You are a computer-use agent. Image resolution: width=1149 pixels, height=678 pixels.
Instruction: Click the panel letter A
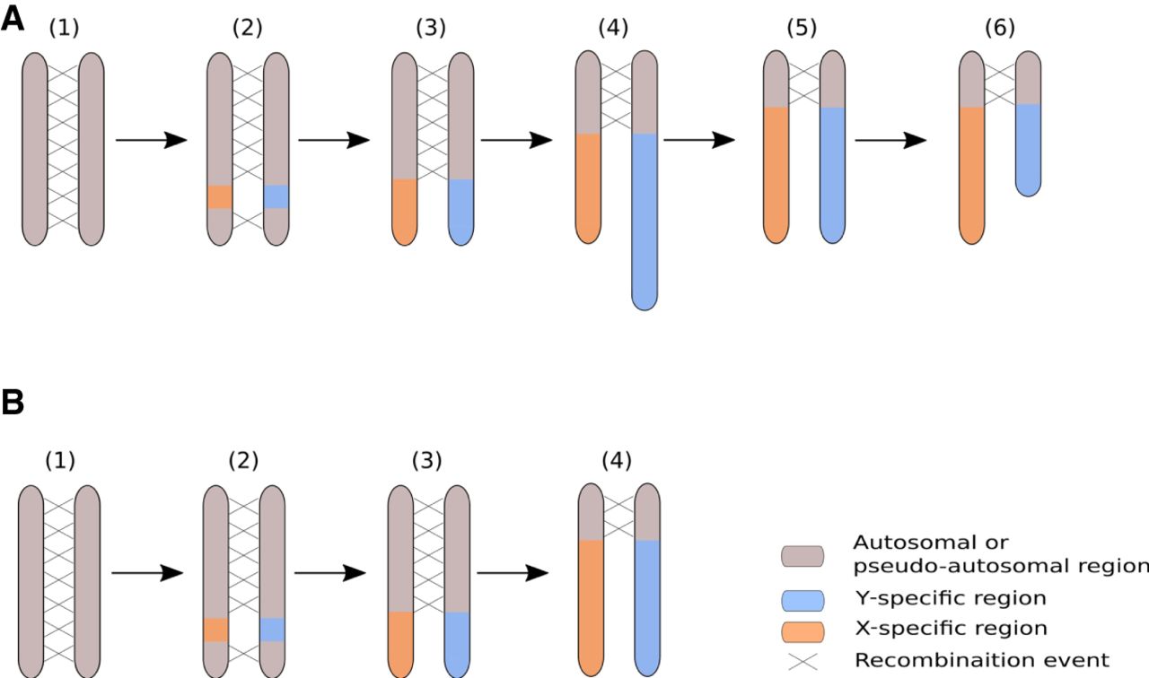click(12, 20)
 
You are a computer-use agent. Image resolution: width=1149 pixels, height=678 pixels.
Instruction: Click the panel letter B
click(12, 403)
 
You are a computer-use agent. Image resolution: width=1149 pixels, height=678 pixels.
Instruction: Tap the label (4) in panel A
click(615, 28)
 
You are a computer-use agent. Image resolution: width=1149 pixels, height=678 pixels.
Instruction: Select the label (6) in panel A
click(999, 28)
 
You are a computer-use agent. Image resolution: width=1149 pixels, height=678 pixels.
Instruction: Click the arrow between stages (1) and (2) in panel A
click(151, 140)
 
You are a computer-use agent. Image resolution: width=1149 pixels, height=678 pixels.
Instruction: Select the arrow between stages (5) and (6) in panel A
click(890, 140)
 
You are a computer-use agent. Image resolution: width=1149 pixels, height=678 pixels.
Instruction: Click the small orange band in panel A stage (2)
click(220, 196)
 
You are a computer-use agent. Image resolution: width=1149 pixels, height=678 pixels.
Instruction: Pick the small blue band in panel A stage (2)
click(276, 196)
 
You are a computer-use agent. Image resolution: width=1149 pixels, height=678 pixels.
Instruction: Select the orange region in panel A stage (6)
click(972, 174)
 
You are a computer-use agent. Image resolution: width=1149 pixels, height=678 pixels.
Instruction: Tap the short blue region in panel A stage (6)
click(1029, 149)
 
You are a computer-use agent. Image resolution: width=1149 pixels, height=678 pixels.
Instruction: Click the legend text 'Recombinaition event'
click(981, 660)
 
